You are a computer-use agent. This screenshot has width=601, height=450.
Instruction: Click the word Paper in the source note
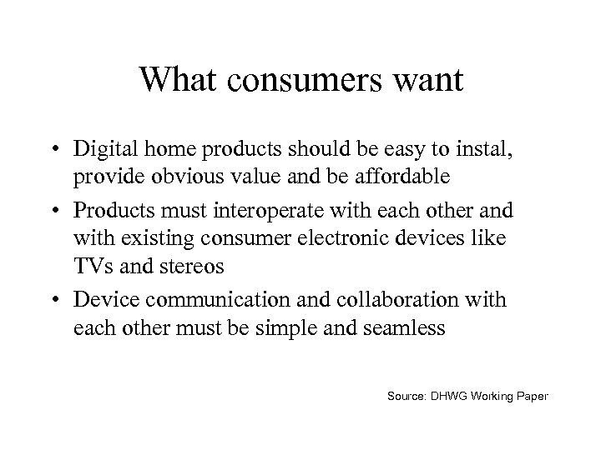pos(530,396)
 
